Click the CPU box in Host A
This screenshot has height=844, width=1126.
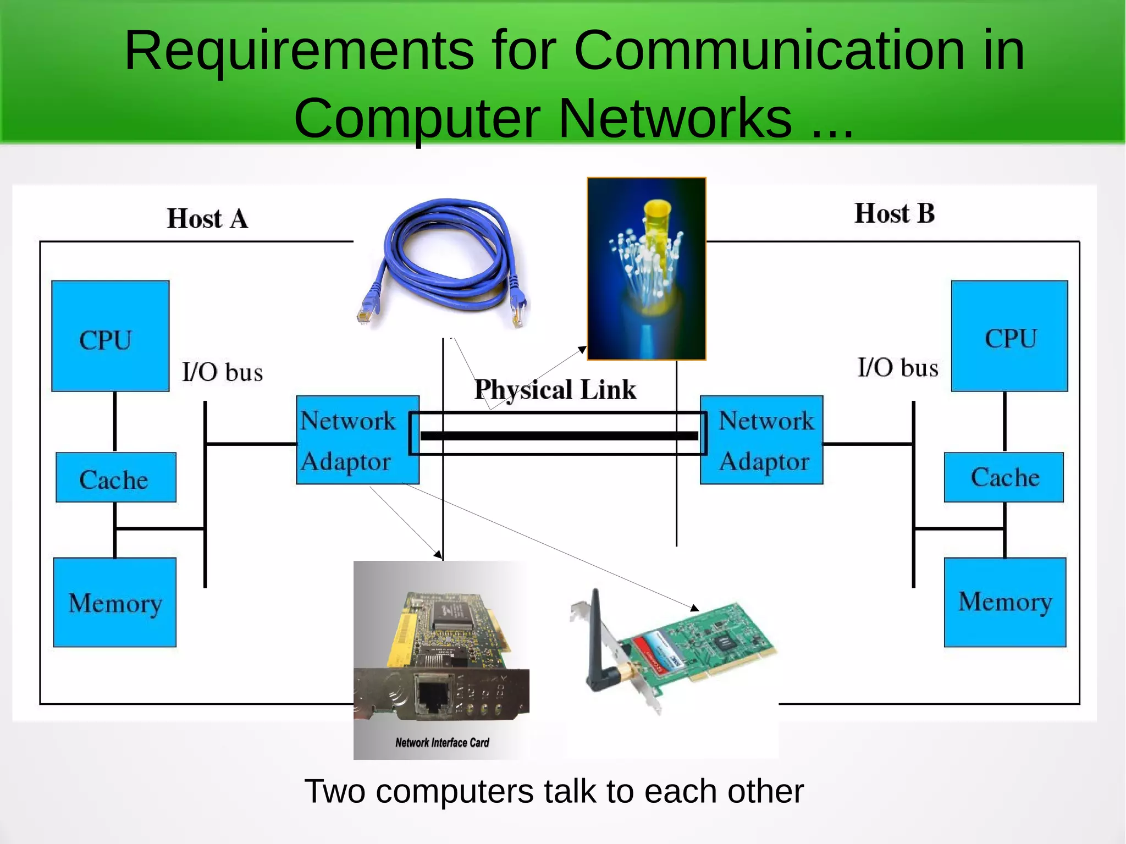(110, 336)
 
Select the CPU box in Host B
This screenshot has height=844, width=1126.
(1009, 336)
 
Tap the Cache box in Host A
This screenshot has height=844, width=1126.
(115, 477)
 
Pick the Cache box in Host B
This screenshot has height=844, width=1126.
(1004, 477)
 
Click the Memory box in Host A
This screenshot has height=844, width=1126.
(115, 602)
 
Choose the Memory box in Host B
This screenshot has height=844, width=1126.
(1005, 602)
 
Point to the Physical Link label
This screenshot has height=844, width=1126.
(555, 390)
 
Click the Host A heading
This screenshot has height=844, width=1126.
(207, 219)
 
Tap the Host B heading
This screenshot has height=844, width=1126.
(895, 213)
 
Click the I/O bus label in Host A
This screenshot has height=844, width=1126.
(223, 372)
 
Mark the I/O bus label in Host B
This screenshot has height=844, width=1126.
(898, 367)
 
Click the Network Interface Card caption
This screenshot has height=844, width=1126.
(442, 743)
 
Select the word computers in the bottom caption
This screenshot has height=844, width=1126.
(456, 792)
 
